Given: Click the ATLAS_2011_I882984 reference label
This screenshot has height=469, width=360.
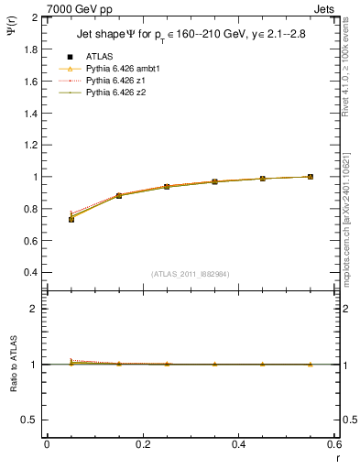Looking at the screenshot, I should [x=191, y=273].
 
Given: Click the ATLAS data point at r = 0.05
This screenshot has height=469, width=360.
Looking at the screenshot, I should [x=71, y=219].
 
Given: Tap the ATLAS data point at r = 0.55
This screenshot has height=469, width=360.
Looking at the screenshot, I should [x=311, y=177].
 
